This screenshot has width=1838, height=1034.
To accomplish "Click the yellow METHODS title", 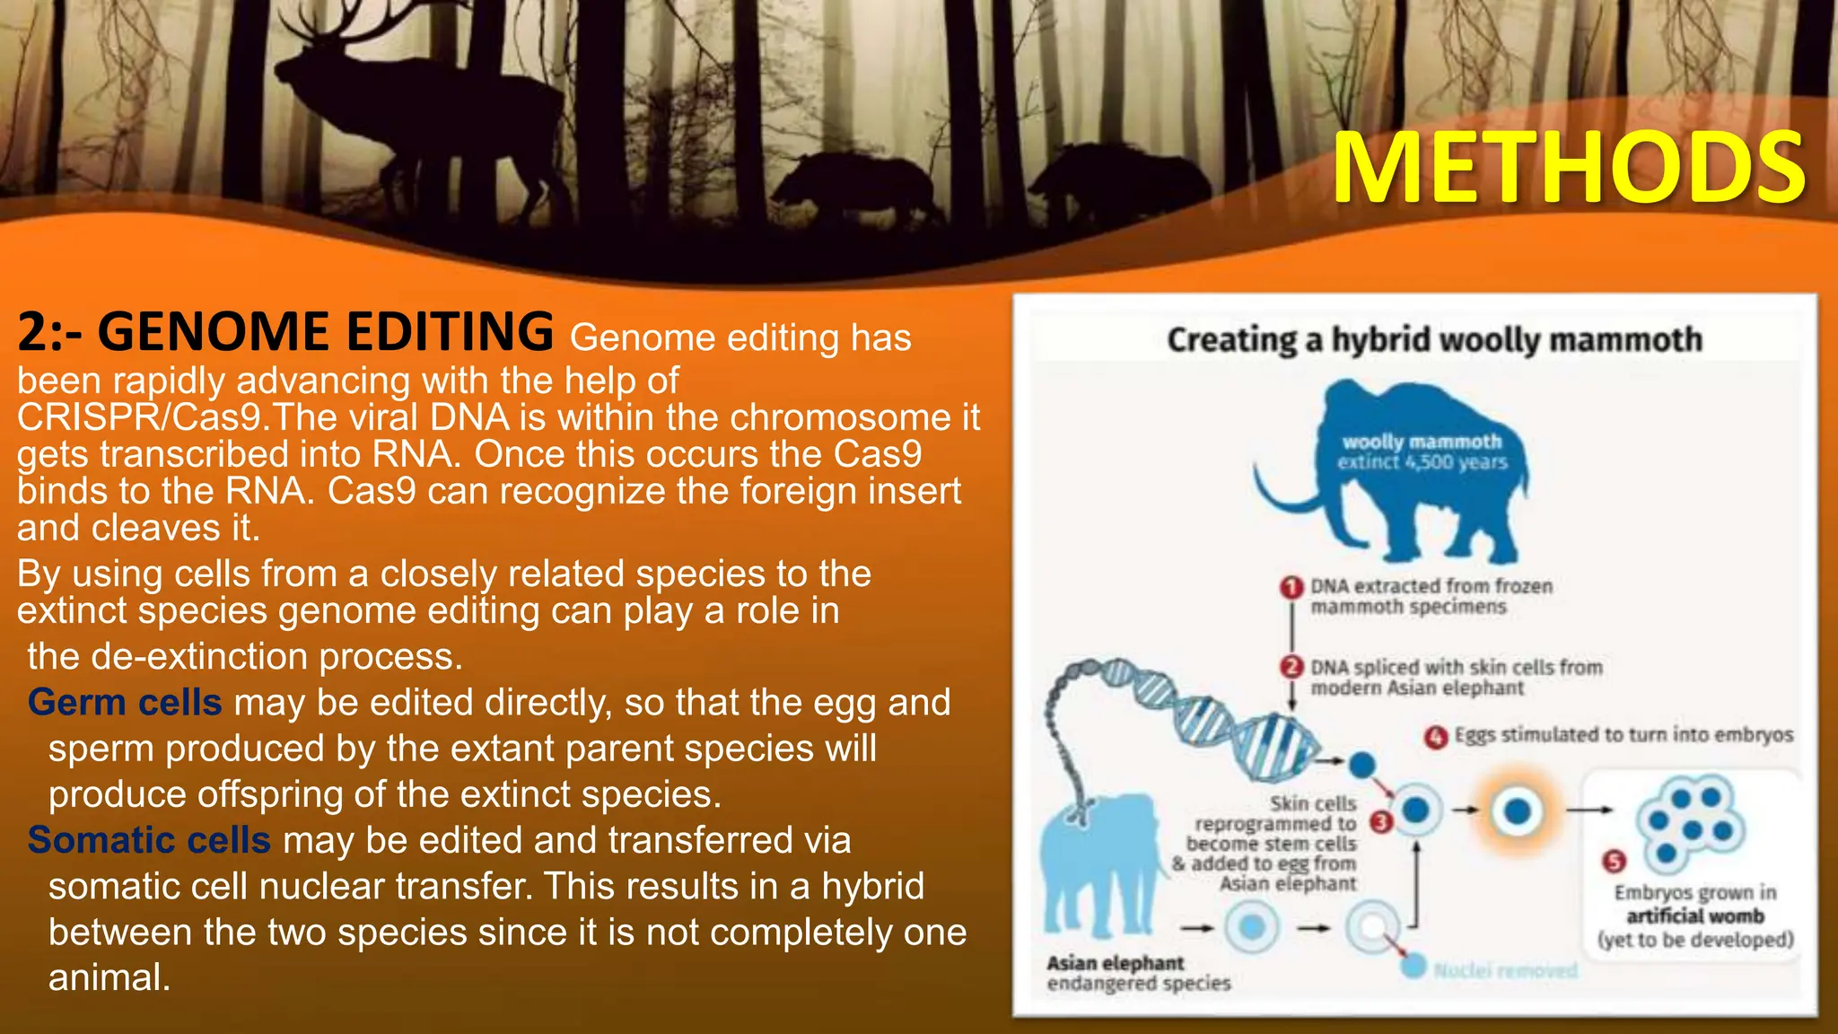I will click(1568, 168).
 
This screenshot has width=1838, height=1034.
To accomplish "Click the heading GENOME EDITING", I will click(325, 331).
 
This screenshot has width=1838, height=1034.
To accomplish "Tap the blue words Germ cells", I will click(125, 702).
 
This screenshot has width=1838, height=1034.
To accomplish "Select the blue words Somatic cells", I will click(149, 840).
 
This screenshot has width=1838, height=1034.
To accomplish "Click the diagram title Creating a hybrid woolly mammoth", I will click(1434, 339).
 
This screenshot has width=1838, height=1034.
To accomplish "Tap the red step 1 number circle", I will click(1291, 587).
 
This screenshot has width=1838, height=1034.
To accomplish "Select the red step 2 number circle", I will click(1291, 668).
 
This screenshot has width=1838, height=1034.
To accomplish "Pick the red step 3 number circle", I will click(1381, 821).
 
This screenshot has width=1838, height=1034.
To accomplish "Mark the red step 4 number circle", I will click(1436, 737).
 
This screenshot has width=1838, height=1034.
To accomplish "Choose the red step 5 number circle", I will click(1614, 862).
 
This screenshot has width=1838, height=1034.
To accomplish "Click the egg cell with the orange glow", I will click(1517, 811).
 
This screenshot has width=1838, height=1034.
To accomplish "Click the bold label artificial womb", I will click(1695, 916).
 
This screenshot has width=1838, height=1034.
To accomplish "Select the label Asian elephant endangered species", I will click(1138, 973).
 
